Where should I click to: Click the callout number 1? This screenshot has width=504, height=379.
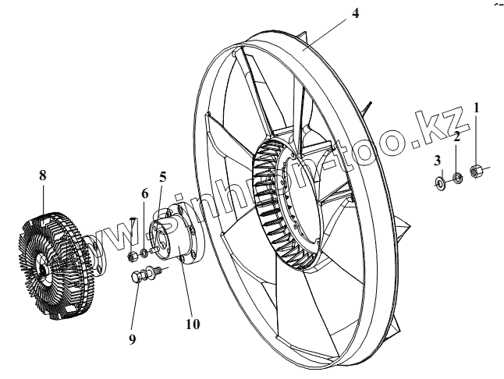point(477,107)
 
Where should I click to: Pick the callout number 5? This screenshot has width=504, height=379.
point(162,176)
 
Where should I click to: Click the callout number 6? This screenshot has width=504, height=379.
point(144,193)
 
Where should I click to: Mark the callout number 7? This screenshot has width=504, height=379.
point(133,221)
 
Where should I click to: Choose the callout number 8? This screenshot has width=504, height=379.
point(43,175)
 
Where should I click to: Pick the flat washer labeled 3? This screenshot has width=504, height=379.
point(440,184)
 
